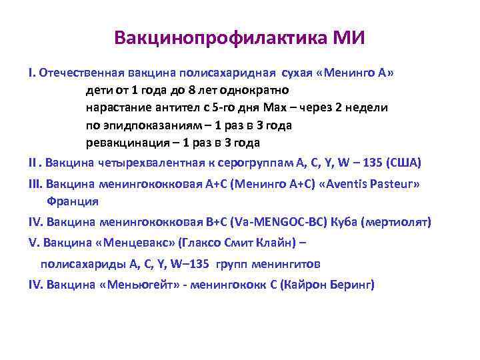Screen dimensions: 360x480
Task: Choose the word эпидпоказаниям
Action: point(157,125)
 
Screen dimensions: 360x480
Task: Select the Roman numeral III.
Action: point(34,184)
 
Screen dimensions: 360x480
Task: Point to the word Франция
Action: point(73,201)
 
